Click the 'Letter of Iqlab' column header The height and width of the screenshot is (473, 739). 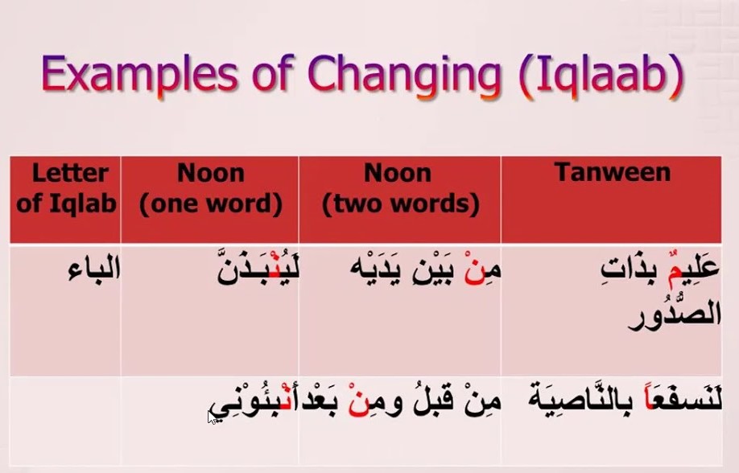tap(66, 188)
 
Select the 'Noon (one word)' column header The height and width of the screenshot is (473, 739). tap(211, 189)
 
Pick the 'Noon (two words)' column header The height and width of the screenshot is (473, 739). tap(399, 189)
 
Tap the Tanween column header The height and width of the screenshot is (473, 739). tap(613, 172)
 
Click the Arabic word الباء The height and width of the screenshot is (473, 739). tap(94, 269)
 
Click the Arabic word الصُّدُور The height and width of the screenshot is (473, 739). tap(675, 313)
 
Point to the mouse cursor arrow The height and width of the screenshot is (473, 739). tap(212, 417)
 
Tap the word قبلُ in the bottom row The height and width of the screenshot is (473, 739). tap(432, 402)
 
